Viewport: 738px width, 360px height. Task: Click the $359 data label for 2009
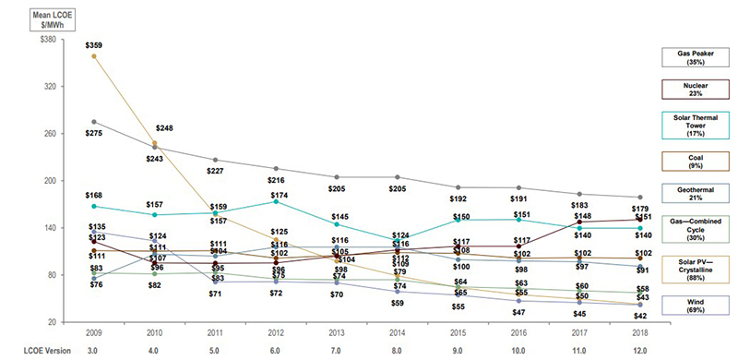click(x=94, y=45)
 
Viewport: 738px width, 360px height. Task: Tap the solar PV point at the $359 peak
click(x=94, y=56)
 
